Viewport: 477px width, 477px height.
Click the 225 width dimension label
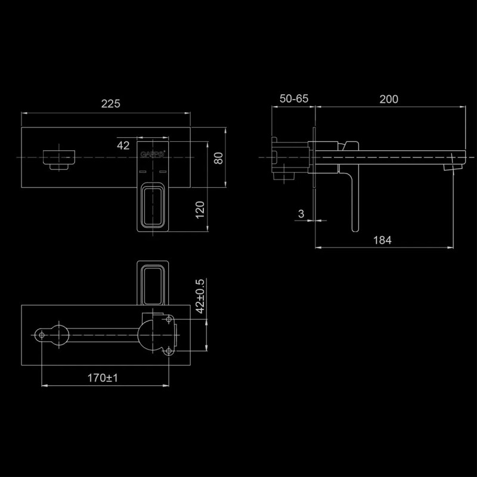pos(110,104)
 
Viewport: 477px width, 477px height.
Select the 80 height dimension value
pos(218,158)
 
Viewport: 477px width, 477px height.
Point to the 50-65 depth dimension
pos(293,100)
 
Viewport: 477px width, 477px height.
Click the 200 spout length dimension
pos(389,100)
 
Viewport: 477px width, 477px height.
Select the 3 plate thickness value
pos(302,213)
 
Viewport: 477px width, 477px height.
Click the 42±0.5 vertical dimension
pos(200,296)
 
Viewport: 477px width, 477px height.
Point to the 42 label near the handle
pos(123,145)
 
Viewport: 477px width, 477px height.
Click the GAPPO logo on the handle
pos(149,154)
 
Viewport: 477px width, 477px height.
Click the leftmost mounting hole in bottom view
pos(42,336)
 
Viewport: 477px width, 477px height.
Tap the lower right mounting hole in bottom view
pos(168,351)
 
